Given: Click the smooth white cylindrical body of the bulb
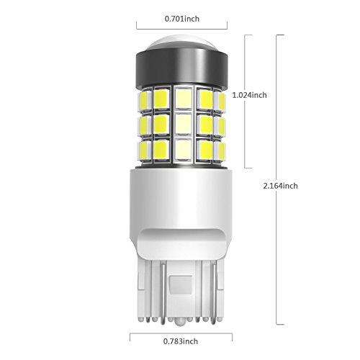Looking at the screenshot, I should [179, 194].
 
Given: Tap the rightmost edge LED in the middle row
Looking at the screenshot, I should [221, 124].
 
